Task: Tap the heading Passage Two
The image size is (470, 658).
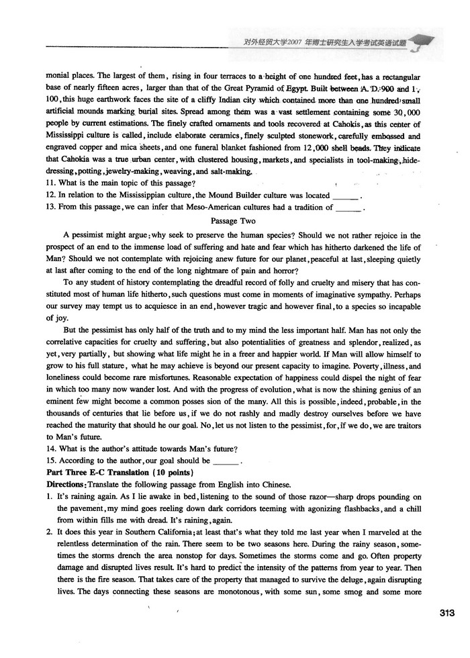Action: click(232, 220)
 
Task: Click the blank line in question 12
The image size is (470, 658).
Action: click(346, 195)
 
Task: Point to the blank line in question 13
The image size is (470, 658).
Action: click(348, 207)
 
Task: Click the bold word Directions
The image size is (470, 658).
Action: click(66, 485)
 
